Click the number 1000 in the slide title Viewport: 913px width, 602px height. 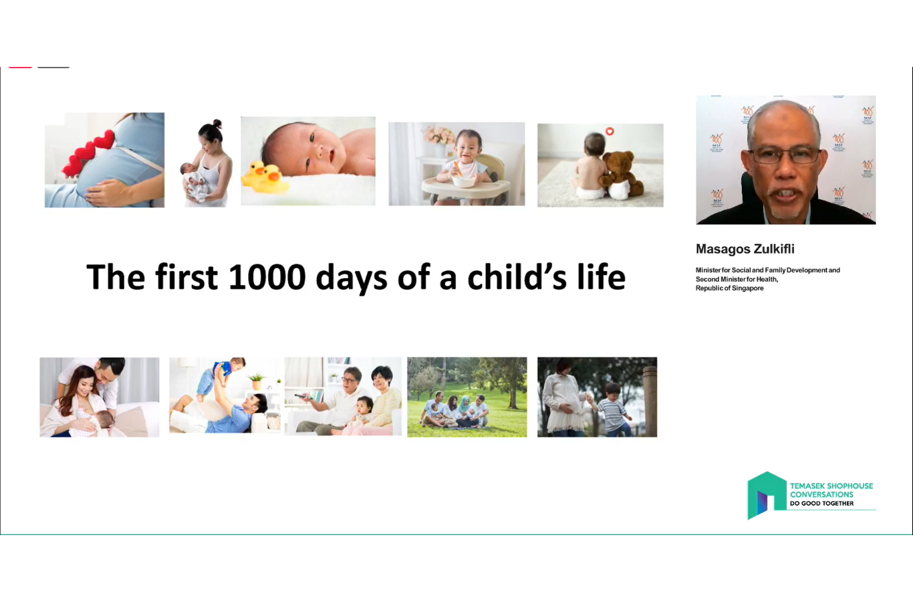point(267,277)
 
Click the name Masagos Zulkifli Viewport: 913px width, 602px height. point(745,249)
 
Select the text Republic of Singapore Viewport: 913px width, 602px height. point(730,288)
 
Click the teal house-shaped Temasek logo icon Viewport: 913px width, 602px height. point(766,494)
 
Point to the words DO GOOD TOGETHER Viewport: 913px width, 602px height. point(821,503)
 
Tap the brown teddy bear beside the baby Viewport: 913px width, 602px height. point(621,174)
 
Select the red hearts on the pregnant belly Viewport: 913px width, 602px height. point(88,154)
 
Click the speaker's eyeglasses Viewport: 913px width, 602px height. point(783,155)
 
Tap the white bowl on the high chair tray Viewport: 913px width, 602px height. point(463,180)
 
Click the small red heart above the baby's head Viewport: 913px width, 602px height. point(610,131)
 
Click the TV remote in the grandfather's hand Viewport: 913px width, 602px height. point(303,396)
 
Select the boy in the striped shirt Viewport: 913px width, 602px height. point(612,409)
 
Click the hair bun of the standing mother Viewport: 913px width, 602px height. point(217,124)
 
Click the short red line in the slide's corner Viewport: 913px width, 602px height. point(20,67)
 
